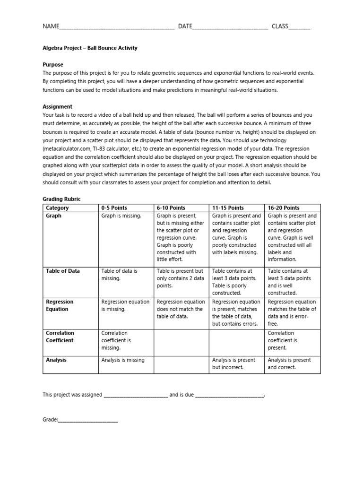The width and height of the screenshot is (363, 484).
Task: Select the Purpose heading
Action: coord(53,64)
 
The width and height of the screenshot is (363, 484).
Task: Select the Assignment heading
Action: coord(58,107)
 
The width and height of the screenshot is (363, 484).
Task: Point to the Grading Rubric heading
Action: coord(61,199)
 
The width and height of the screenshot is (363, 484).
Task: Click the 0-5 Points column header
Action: coord(114,208)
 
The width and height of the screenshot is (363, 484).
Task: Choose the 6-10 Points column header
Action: coord(171,208)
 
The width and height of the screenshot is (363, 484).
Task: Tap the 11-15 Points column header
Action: coord(228,208)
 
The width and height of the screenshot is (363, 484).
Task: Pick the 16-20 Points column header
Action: coord(284,208)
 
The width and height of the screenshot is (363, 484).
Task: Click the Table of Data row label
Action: coord(63,271)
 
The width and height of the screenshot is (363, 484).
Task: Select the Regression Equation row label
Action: coord(60,305)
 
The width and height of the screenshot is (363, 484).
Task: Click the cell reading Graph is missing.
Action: coord(121,216)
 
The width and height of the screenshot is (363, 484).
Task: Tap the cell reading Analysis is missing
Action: coord(123,360)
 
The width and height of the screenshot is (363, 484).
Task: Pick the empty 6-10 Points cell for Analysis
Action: coord(181,364)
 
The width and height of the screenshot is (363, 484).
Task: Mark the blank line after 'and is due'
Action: coord(229,395)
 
